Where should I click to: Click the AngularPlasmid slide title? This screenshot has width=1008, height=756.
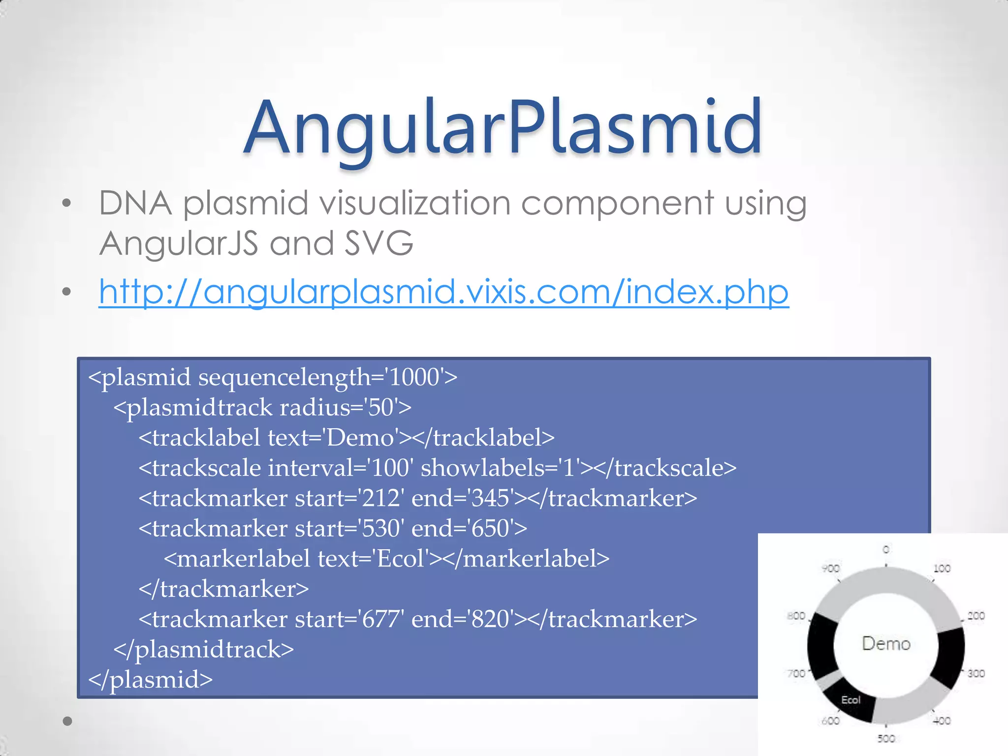(x=503, y=128)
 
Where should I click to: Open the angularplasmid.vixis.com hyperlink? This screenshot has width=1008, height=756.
(x=443, y=292)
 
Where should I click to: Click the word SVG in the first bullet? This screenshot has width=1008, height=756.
(x=378, y=243)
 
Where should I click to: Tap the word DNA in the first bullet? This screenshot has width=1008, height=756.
(x=135, y=203)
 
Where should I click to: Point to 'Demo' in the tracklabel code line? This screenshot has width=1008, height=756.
(x=361, y=438)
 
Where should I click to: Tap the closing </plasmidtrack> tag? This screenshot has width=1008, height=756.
(x=203, y=650)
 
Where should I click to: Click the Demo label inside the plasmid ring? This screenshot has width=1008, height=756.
(x=886, y=644)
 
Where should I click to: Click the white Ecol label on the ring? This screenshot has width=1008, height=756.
(x=850, y=700)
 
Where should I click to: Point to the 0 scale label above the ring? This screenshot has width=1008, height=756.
(x=886, y=549)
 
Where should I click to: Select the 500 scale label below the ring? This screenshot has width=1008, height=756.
(x=886, y=739)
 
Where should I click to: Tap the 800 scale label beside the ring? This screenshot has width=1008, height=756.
(x=796, y=616)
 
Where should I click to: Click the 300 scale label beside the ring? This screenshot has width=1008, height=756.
(x=976, y=673)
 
